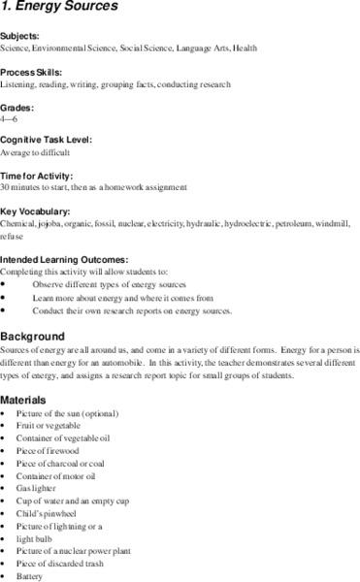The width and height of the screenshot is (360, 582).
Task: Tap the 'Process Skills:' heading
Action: click(x=31, y=73)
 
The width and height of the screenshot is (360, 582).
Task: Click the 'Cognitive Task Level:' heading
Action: click(x=47, y=140)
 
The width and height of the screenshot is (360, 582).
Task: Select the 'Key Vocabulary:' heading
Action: click(x=35, y=210)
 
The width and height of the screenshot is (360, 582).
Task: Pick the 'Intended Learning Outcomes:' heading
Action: click(x=64, y=259)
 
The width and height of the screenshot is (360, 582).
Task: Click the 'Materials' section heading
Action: click(x=28, y=399)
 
